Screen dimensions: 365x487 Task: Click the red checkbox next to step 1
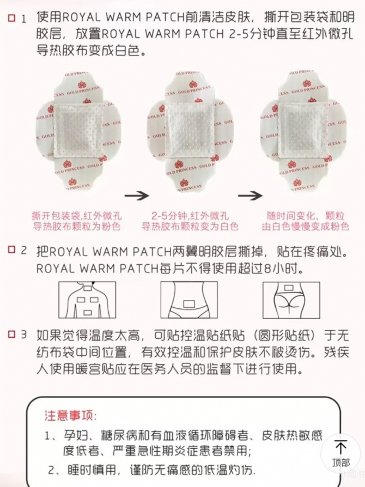11,18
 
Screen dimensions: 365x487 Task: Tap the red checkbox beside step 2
11,249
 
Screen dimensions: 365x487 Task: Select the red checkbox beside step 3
11,334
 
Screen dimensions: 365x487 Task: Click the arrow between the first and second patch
137,196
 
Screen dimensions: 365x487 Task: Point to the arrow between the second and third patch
250,196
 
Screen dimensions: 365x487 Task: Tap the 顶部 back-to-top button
341,454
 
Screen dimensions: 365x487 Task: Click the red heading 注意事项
70,416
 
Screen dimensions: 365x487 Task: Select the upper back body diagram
87,300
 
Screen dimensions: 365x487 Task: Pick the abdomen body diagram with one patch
189,300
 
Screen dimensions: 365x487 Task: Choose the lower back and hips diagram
291,300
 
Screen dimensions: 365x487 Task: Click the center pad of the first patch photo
78,130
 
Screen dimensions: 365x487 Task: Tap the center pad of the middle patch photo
189,130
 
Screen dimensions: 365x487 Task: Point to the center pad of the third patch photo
302,130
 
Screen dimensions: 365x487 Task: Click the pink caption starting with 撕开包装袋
77,221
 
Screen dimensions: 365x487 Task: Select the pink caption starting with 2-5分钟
190,221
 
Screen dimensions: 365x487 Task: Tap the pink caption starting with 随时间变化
306,221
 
